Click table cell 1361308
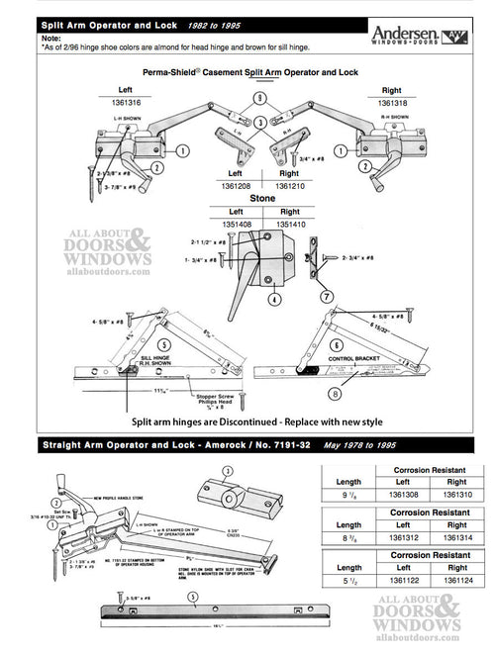tap(402, 492)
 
